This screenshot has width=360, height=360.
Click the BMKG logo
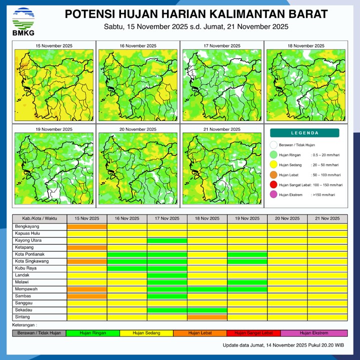[23, 21]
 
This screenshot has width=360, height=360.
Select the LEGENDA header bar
[304, 133]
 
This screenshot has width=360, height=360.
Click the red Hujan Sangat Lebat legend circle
[273, 184]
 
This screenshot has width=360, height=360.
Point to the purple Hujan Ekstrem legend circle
[273, 194]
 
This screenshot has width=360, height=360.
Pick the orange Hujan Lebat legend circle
[273, 175]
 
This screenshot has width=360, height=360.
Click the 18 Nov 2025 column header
[207, 218]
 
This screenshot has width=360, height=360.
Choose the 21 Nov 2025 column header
[327, 218]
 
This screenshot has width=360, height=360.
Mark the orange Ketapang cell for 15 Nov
[87, 247]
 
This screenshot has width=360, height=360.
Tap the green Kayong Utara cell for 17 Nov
[167, 240]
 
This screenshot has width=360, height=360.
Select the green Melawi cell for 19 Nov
[247, 282]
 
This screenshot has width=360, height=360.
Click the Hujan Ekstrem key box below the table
[314, 333]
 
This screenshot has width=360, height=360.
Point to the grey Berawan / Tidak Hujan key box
[39, 333]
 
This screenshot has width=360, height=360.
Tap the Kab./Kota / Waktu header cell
[39, 218]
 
